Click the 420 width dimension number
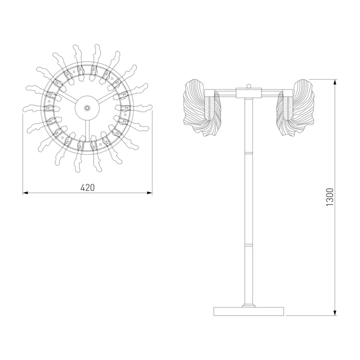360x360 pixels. pyautogui.click(x=87, y=188)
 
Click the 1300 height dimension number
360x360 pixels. pyautogui.click(x=329, y=197)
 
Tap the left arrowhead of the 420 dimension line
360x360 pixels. pyautogui.click(x=25, y=193)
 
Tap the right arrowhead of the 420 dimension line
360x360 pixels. pyautogui.click(x=150, y=193)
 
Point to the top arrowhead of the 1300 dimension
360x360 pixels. pyautogui.click(x=335, y=82)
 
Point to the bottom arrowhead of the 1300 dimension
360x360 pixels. pyautogui.click(x=335, y=313)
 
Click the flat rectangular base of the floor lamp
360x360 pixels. pyautogui.click(x=249, y=311)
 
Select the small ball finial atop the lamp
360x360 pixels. pyautogui.click(x=249, y=86)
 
